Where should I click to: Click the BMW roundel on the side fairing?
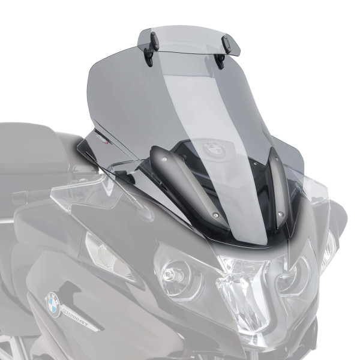pos(53,305)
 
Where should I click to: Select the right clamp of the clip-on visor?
pos(224,47)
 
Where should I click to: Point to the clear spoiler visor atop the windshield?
pos(186,39)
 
